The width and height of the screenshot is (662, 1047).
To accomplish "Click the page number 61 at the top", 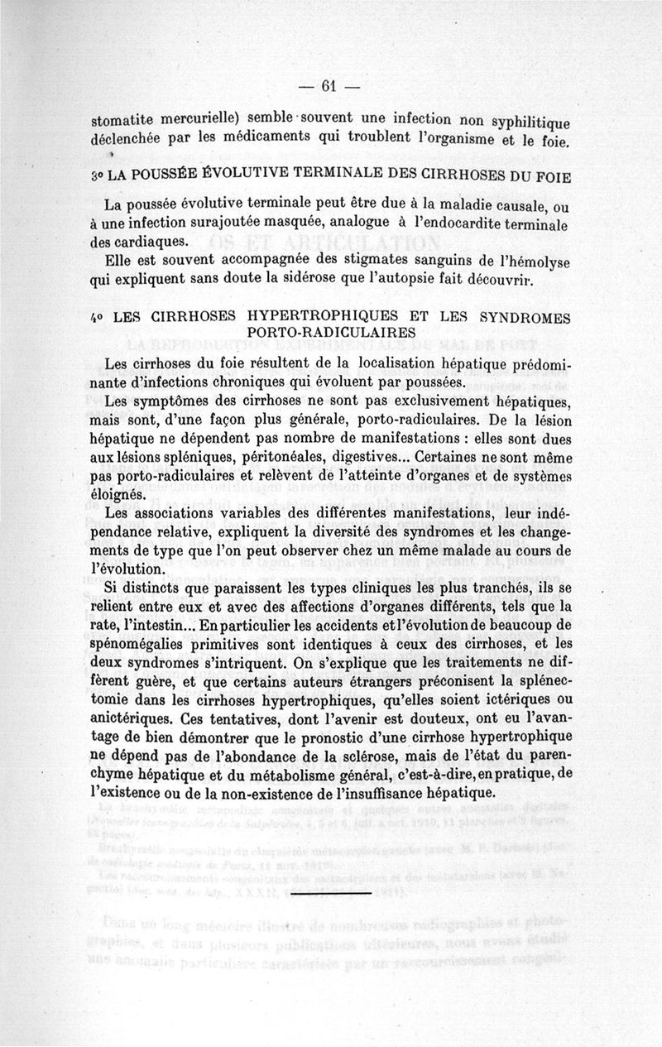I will pyautogui.click(x=330, y=85).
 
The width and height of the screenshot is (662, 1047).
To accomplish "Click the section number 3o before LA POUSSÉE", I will pyautogui.click(x=97, y=178).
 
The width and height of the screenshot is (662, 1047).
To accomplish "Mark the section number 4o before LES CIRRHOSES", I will pyautogui.click(x=97, y=317).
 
